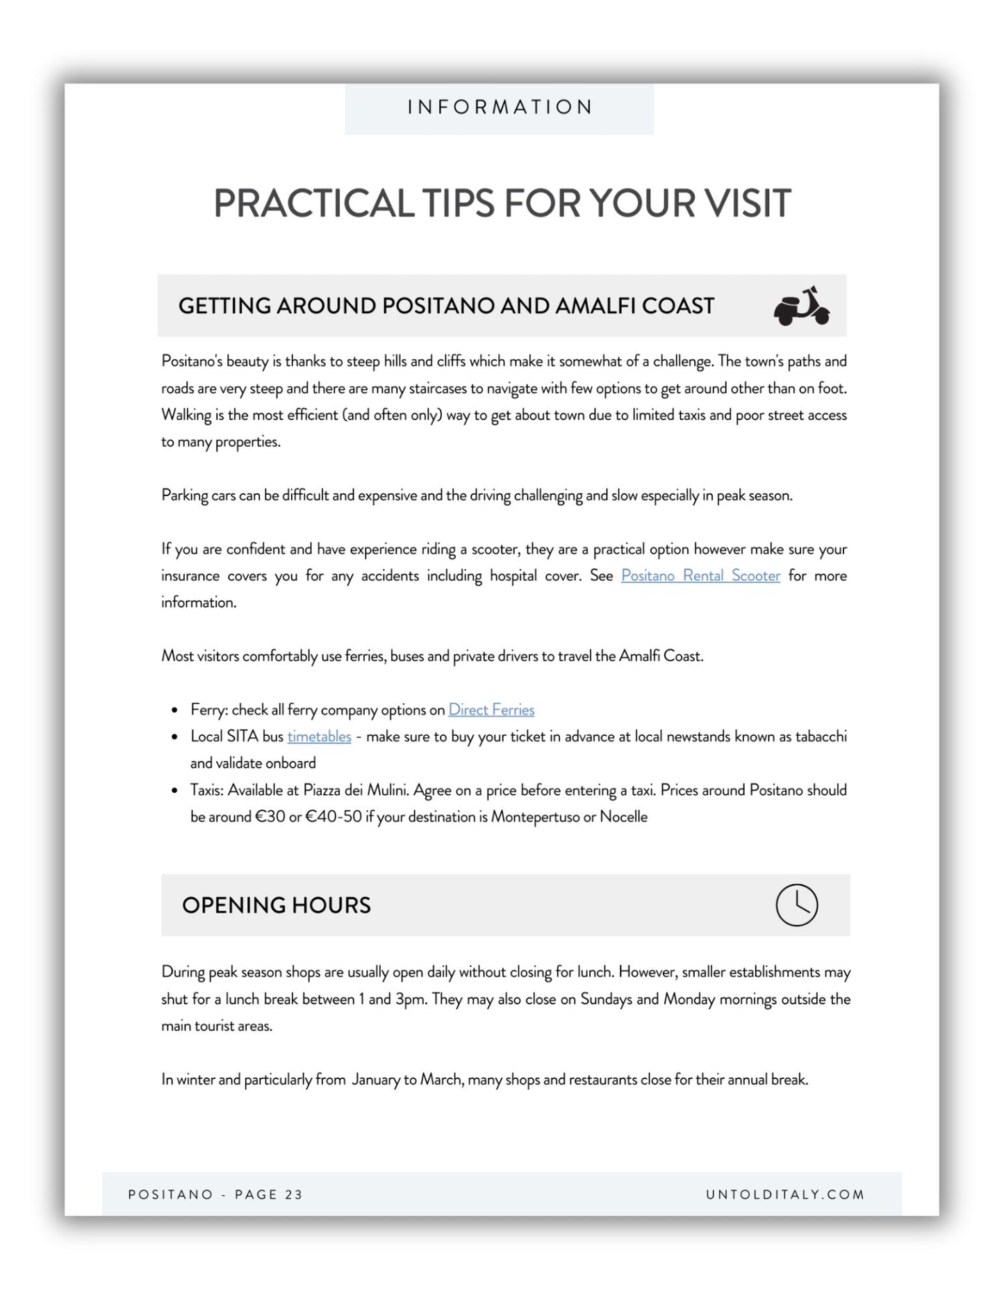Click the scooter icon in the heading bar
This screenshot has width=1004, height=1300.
pos(801,306)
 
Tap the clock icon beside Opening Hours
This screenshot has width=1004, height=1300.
pos(796,905)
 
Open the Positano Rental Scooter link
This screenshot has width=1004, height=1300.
pos(700,575)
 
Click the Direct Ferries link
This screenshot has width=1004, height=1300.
pos(491,709)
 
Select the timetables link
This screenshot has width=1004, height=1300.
pos(319,737)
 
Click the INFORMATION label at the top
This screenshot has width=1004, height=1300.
pos(500,107)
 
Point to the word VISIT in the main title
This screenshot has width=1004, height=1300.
pos(748,204)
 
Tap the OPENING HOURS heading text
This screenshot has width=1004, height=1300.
pos(277,905)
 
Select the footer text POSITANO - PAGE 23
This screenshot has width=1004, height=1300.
pos(215,1194)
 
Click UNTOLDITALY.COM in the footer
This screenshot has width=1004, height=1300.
pos(785,1194)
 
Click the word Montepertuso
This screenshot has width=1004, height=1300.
pos(534,816)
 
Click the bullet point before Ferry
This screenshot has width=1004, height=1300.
pos(174,711)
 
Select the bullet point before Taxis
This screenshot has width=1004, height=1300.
pos(174,791)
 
